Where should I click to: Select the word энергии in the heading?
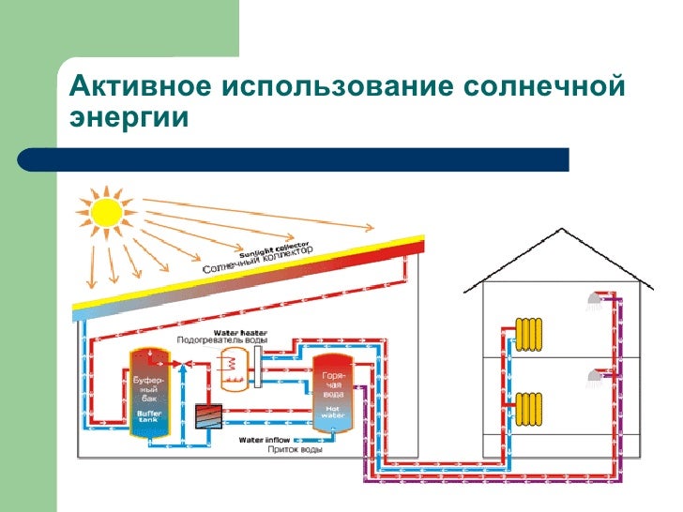[x=129, y=119]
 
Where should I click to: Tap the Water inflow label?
[x=264, y=439]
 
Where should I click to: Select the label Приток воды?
[x=296, y=450]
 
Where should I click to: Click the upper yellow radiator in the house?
[x=529, y=332]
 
